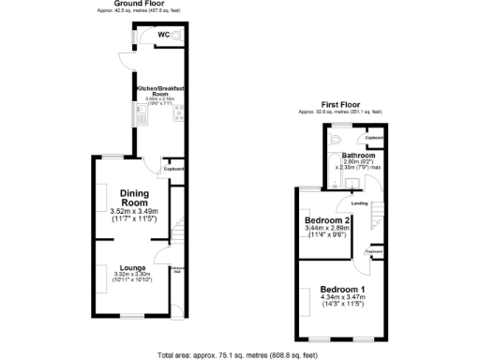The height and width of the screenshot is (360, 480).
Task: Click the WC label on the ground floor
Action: (x=163, y=36)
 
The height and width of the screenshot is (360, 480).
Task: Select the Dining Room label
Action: (x=134, y=199)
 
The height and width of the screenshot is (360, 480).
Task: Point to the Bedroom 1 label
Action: (x=342, y=289)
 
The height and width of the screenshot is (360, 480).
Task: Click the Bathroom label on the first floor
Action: (x=358, y=156)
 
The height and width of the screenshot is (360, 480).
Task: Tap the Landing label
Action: (x=359, y=202)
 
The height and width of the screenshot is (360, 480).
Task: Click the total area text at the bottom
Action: (x=239, y=355)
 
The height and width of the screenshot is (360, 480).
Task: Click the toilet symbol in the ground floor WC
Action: (x=177, y=37)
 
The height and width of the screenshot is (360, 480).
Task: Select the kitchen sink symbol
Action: (x=138, y=113)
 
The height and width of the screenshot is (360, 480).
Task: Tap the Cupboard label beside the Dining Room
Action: (x=176, y=169)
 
